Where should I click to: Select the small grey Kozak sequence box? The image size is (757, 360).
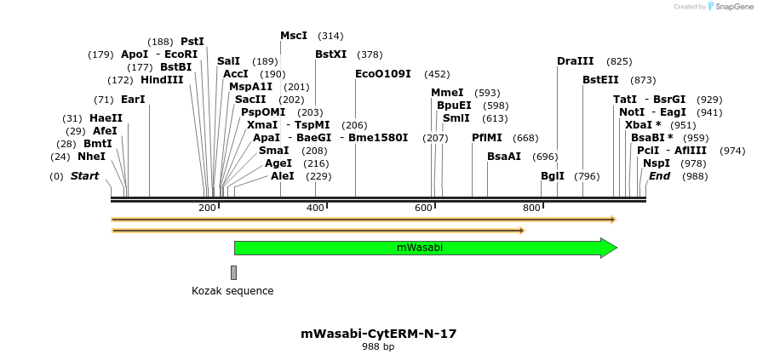coord(233,272)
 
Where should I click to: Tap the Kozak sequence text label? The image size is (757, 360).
coord(232,291)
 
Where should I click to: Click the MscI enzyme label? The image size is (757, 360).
coord(294,36)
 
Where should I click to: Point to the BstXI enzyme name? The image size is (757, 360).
coord(331,54)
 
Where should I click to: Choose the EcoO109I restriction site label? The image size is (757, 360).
coord(383,74)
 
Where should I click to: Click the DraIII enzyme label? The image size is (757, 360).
coord(576,61)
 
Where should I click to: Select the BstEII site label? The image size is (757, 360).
coord(601,80)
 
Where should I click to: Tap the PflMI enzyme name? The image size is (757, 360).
coord(487,138)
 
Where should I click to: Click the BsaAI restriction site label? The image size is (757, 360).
coord(504,157)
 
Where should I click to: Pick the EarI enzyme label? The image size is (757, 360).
coord(133,100)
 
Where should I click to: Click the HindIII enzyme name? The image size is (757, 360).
coord(162,80)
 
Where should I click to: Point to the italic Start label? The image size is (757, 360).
coord(84,176)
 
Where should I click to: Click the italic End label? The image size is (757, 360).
coord(659,176)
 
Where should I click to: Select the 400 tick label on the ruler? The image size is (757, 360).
coord(316,209)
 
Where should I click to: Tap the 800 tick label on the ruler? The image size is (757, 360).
coord(532,209)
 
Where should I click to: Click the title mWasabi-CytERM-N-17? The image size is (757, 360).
coord(378,334)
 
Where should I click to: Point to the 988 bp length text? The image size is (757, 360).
coord(378,347)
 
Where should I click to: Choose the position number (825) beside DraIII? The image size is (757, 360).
coord(619,61)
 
